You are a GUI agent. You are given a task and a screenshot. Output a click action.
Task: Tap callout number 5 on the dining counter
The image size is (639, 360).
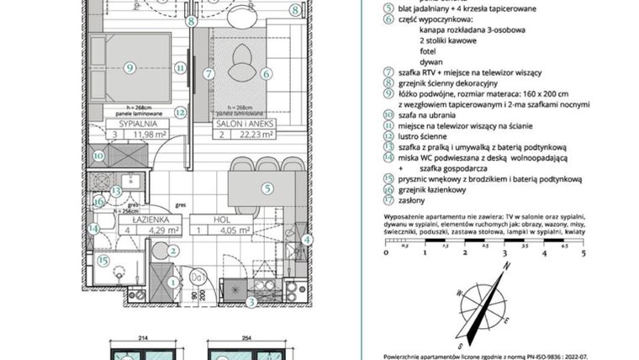(267, 189)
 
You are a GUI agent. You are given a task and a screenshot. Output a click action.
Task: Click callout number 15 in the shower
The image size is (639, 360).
(102, 261)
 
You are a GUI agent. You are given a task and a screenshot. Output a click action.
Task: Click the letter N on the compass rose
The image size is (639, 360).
(508, 266)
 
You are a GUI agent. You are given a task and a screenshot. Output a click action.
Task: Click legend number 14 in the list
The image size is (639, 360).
(388, 155)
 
